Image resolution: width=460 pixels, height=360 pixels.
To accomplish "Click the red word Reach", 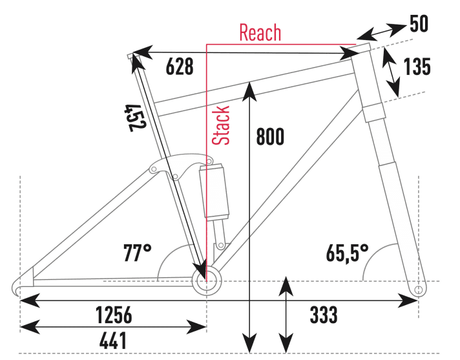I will pyautogui.click(x=260, y=33).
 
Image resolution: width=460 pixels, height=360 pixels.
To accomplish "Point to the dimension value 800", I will pyautogui.click(x=270, y=137).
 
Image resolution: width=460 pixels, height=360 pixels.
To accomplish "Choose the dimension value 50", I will pyautogui.click(x=419, y=25).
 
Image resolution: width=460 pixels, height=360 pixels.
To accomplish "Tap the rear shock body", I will pyautogui.click(x=214, y=192).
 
